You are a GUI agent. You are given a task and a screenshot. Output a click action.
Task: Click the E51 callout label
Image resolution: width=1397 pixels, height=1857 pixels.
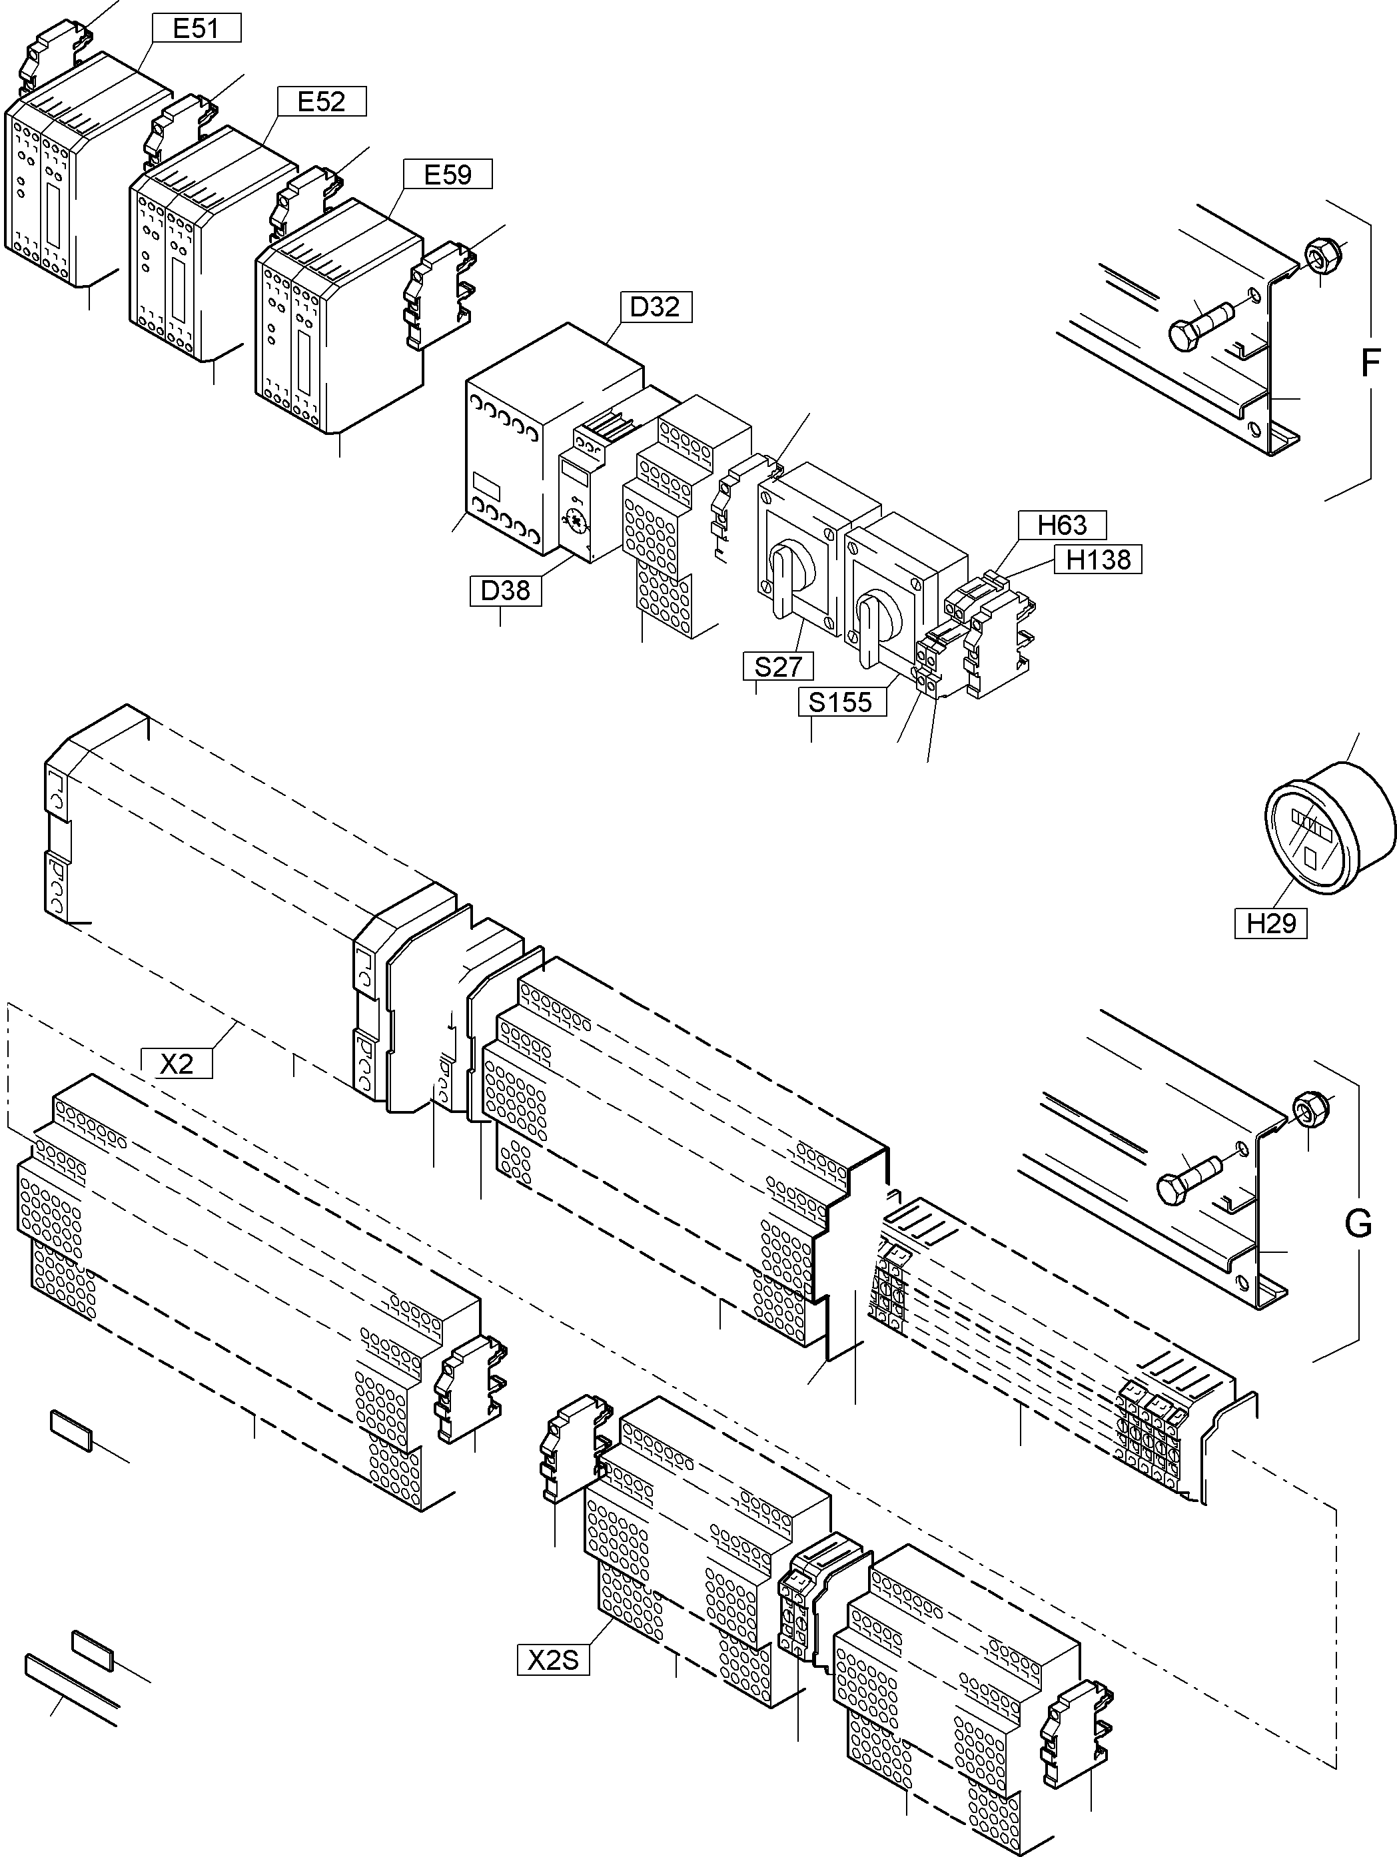click(x=196, y=29)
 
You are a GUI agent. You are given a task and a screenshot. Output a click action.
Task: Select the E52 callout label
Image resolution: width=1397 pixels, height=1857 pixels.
click(x=322, y=102)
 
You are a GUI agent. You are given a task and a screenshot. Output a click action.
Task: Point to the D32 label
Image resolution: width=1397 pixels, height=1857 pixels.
click(x=655, y=307)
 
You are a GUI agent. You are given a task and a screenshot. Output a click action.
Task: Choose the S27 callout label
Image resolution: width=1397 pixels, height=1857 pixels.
click(x=777, y=667)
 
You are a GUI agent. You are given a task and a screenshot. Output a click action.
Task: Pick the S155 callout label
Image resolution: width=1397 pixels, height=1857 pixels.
click(x=841, y=702)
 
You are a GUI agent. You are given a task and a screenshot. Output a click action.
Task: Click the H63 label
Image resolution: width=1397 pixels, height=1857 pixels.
click(x=1062, y=526)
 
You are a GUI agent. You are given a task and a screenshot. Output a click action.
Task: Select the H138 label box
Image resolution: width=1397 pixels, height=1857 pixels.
click(x=1098, y=559)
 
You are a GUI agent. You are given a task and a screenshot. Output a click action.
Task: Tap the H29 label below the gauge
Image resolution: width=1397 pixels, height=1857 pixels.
click(x=1270, y=923)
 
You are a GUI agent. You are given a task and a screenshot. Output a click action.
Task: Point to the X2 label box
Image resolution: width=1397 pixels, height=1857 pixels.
click(x=177, y=1064)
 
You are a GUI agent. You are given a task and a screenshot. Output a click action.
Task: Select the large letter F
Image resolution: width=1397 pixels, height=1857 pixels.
click(x=1369, y=364)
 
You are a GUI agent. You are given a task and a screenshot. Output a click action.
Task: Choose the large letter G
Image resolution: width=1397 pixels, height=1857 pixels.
click(x=1358, y=1224)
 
